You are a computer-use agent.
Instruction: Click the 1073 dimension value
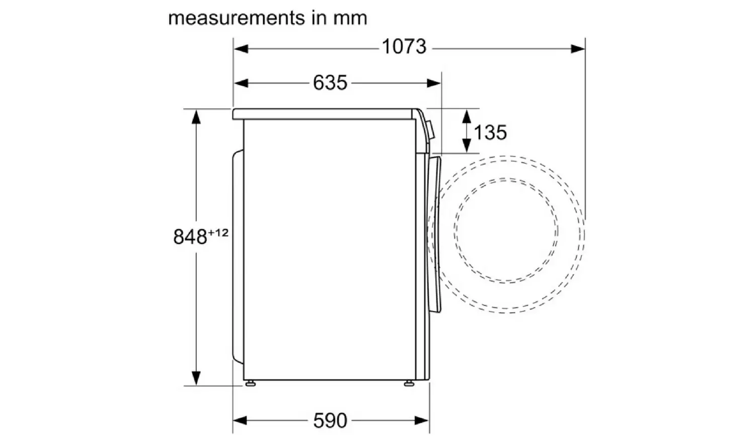(404, 46)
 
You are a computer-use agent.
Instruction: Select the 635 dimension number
(330, 83)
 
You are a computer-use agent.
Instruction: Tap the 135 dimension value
(490, 132)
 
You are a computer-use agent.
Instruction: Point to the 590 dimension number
(330, 420)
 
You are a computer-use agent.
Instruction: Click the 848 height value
(190, 237)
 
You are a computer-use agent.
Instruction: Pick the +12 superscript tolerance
(218, 233)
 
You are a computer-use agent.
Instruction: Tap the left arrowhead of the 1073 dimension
(241, 49)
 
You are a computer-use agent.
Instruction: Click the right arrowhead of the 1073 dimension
(578, 49)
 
